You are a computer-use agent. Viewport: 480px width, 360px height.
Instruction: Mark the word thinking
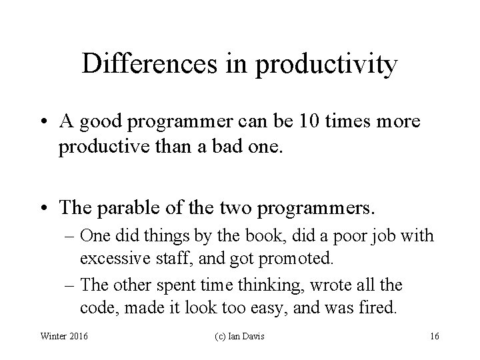[269, 286]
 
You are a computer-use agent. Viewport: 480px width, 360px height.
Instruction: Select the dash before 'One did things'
[69, 236]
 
